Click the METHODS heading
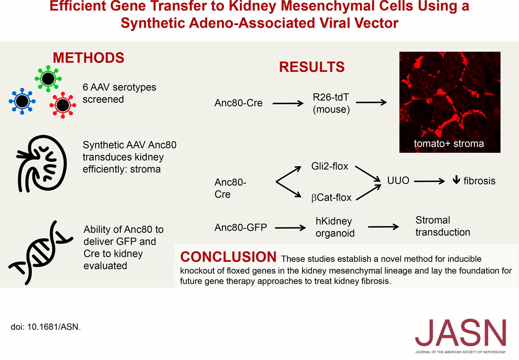click(88, 58)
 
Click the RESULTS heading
click(311, 67)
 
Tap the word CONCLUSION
click(228, 257)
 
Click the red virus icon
click(62, 105)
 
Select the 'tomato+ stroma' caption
click(449, 143)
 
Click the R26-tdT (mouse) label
click(331, 103)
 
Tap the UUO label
click(398, 180)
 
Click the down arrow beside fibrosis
click(456, 181)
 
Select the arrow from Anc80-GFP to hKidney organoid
click(290, 228)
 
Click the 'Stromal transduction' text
click(443, 226)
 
